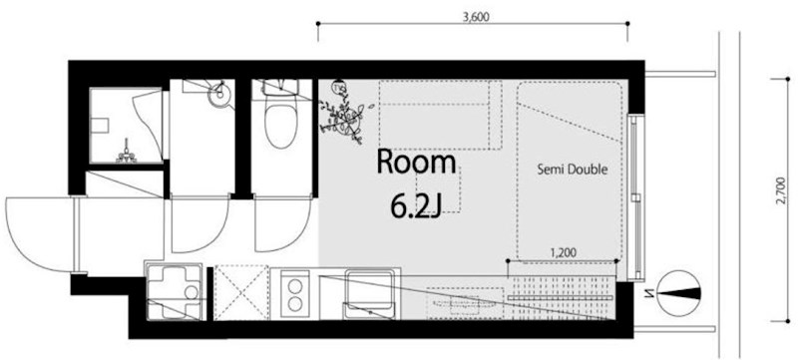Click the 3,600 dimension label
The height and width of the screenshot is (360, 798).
(476, 17)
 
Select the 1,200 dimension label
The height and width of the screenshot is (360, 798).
(564, 251)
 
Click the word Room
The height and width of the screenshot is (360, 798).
(416, 163)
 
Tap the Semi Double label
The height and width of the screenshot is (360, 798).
(573, 170)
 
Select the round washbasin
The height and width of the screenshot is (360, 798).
(220, 94)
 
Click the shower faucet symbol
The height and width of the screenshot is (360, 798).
(126, 152)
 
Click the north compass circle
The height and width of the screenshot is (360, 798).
(678, 292)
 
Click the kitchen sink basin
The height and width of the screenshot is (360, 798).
(369, 294)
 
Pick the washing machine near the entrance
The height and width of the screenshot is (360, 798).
(173, 290)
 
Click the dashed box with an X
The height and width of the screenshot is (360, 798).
(241, 292)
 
